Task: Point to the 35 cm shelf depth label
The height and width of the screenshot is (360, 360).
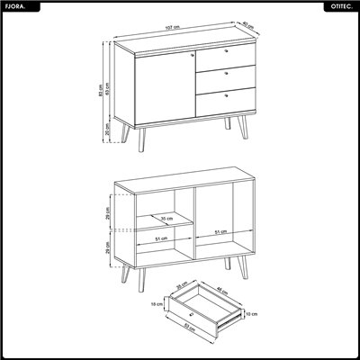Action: pyautogui.click(x=166, y=218)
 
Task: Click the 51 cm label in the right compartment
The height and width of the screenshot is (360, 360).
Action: pyautogui.click(x=220, y=233)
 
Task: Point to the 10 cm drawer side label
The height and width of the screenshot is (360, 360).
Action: pyautogui.click(x=252, y=314)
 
